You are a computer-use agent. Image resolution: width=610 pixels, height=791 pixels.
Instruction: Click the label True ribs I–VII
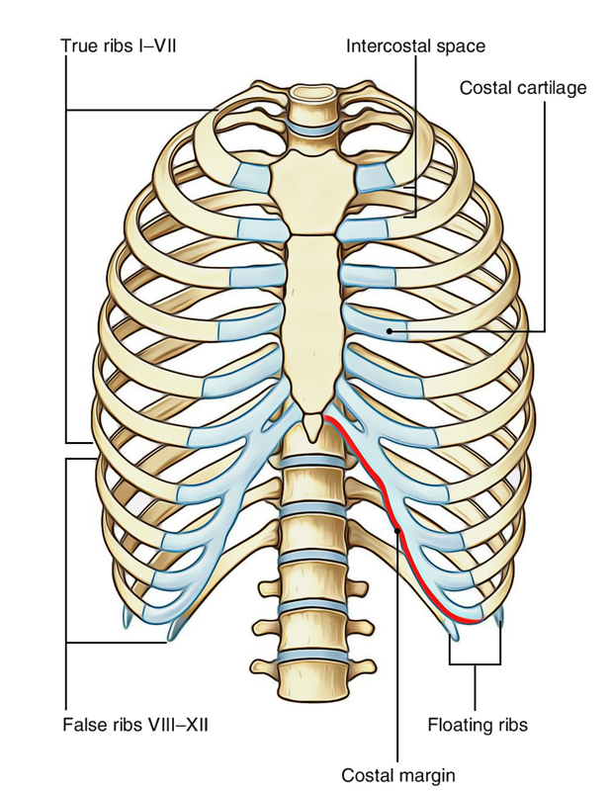point(118,45)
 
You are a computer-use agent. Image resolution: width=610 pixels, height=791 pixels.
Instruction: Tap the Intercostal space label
point(415,45)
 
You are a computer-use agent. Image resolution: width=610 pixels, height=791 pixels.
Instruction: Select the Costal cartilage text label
point(523,88)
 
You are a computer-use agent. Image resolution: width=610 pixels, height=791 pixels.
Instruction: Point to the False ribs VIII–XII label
point(135,725)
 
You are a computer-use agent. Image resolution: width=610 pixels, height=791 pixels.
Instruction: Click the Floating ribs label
point(478,725)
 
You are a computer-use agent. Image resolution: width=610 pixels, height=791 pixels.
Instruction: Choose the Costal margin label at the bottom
point(398,774)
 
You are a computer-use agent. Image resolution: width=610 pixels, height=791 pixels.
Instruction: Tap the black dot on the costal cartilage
point(389,331)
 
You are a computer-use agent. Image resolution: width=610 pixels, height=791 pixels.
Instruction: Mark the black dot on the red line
point(397,530)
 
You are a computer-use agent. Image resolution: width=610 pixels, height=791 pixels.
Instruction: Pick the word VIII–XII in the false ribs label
point(177,725)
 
